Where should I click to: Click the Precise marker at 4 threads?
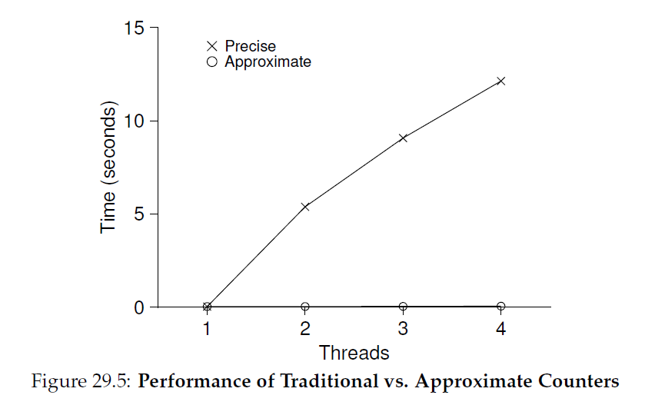[500, 81]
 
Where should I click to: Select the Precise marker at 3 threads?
[403, 138]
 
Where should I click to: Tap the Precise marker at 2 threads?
[305, 207]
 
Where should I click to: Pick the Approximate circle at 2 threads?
[305, 307]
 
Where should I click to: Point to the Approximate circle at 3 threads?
[403, 307]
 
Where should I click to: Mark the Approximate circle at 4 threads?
[500, 306]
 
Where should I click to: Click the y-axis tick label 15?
[134, 28]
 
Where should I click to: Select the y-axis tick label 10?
[134, 121]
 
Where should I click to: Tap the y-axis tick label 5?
[138, 214]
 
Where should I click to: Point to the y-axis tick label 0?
[138, 307]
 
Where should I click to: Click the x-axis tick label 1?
[206, 329]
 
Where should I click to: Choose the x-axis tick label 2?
[305, 329]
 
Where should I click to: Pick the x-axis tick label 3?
[403, 329]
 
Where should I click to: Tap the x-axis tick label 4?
[500, 329]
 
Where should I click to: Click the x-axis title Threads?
[354, 353]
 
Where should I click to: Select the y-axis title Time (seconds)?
[108, 167]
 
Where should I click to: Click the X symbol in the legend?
[212, 46]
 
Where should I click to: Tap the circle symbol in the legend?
[212, 61]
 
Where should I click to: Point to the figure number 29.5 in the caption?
[113, 380]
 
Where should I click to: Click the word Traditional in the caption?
[329, 380]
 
